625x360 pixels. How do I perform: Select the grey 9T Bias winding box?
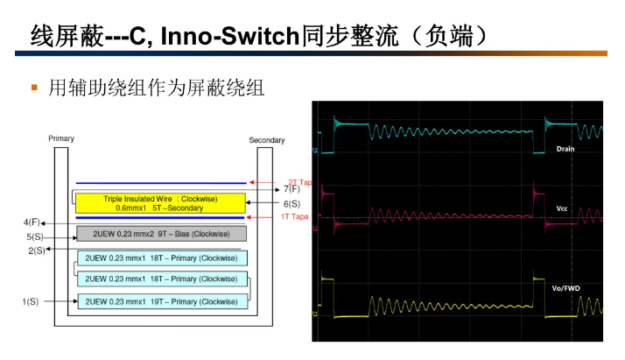tap(161, 234)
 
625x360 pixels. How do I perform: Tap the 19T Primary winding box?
tap(161, 301)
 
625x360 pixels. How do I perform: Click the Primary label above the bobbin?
tap(61, 138)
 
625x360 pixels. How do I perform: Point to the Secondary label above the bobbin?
tap(266, 140)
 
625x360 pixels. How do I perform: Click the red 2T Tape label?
tap(299, 182)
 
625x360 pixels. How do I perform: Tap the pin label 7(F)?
tap(291, 189)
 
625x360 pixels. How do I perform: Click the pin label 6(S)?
tap(291, 204)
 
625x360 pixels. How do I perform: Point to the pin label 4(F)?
tap(32, 222)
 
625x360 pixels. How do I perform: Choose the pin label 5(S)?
tap(35, 236)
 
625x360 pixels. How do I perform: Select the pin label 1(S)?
tap(31, 301)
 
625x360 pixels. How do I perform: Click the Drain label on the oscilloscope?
tap(565, 149)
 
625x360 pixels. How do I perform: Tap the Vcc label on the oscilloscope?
tap(562, 208)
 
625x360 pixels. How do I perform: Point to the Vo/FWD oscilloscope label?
tap(567, 287)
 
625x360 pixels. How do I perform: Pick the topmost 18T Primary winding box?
tap(161, 258)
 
